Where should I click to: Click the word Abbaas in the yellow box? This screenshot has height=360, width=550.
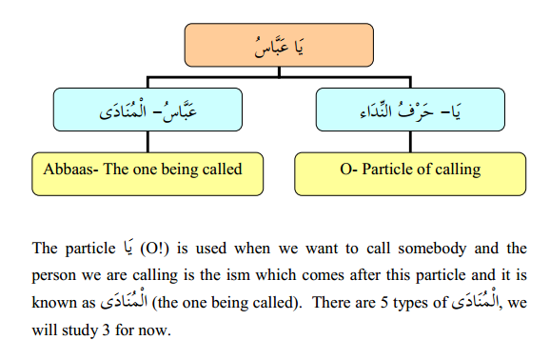69,170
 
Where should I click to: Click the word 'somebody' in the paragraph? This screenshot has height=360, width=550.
421,250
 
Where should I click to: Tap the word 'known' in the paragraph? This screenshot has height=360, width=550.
53,302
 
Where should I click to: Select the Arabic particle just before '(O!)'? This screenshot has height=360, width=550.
128,250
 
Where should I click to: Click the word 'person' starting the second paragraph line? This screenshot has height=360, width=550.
55,276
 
